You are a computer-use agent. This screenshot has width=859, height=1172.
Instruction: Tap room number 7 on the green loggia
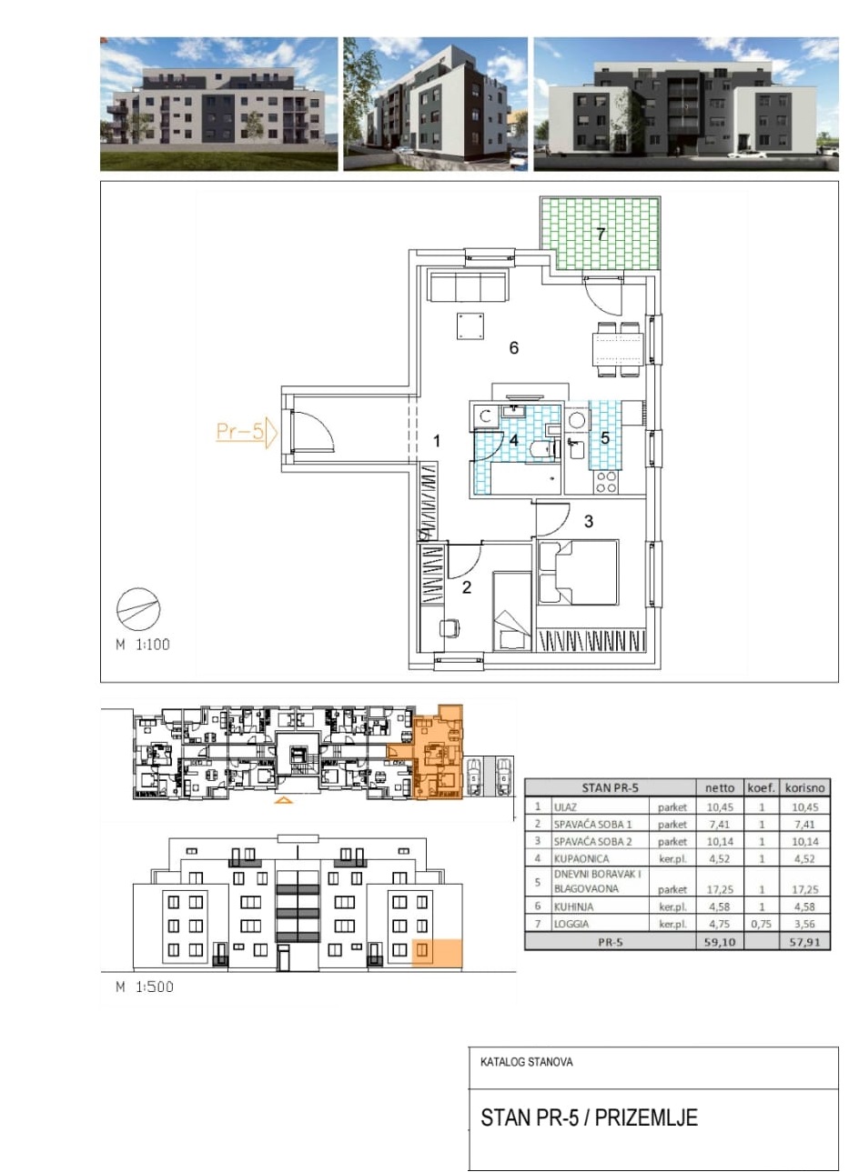coord(601,234)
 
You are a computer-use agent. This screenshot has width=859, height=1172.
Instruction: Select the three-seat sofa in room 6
coord(469,285)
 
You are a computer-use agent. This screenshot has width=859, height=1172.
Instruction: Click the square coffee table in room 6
coord(470,326)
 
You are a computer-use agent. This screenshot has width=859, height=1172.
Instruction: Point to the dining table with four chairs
coord(619,349)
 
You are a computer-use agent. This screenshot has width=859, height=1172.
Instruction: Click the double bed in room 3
coord(578,573)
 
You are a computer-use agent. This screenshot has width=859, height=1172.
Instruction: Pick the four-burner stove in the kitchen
coord(606,481)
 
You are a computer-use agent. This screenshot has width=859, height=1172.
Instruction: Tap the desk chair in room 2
coord(450,628)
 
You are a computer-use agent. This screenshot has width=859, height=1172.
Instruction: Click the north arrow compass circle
coord(138,608)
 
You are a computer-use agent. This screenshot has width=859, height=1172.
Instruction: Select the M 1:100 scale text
coord(143,645)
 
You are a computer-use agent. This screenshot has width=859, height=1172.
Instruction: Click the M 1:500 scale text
coord(144,987)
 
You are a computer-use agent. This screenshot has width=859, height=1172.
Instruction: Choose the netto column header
coord(720,787)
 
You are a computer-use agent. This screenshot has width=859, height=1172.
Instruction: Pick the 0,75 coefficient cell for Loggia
coord(761,924)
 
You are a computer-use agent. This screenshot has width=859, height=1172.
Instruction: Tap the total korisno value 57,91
coord(804,942)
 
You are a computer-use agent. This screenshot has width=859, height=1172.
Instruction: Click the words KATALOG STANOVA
coord(526,1062)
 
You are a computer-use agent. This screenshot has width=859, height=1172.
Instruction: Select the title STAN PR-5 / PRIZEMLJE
coord(590,1117)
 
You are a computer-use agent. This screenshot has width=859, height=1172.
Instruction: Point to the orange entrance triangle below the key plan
coord(283,800)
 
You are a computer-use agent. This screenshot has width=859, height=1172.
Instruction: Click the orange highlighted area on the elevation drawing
coord(438,952)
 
